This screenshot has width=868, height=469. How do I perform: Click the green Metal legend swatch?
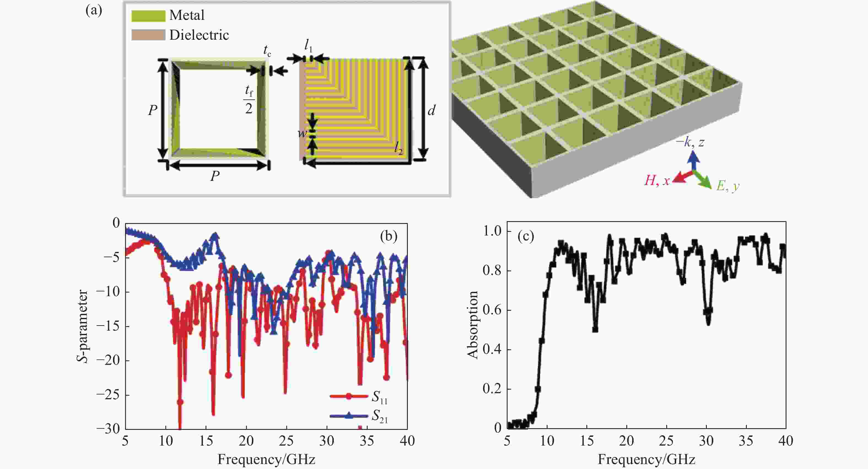148,16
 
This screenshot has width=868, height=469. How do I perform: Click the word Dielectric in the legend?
199,35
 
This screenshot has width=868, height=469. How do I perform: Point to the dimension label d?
431,110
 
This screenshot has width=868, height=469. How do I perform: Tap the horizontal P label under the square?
215,176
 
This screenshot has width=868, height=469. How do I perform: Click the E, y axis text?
728,186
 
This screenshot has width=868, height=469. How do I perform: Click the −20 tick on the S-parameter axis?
108,360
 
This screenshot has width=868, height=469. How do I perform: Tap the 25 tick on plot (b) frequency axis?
286,441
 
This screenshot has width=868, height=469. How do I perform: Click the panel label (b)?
389,236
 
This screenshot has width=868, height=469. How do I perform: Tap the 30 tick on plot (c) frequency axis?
706,441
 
